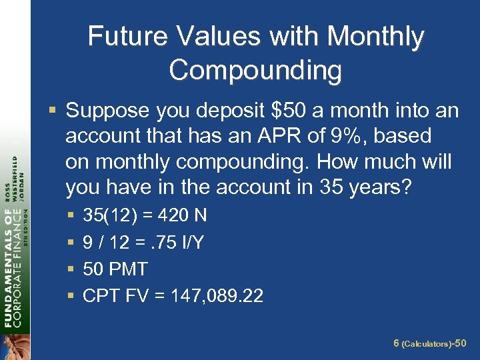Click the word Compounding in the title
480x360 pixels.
pyautogui.click(x=255, y=70)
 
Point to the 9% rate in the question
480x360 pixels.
pyautogui.click(x=350, y=136)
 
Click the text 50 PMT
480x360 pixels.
pyautogui.click(x=115, y=269)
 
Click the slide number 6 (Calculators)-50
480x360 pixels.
pyautogui.click(x=431, y=343)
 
